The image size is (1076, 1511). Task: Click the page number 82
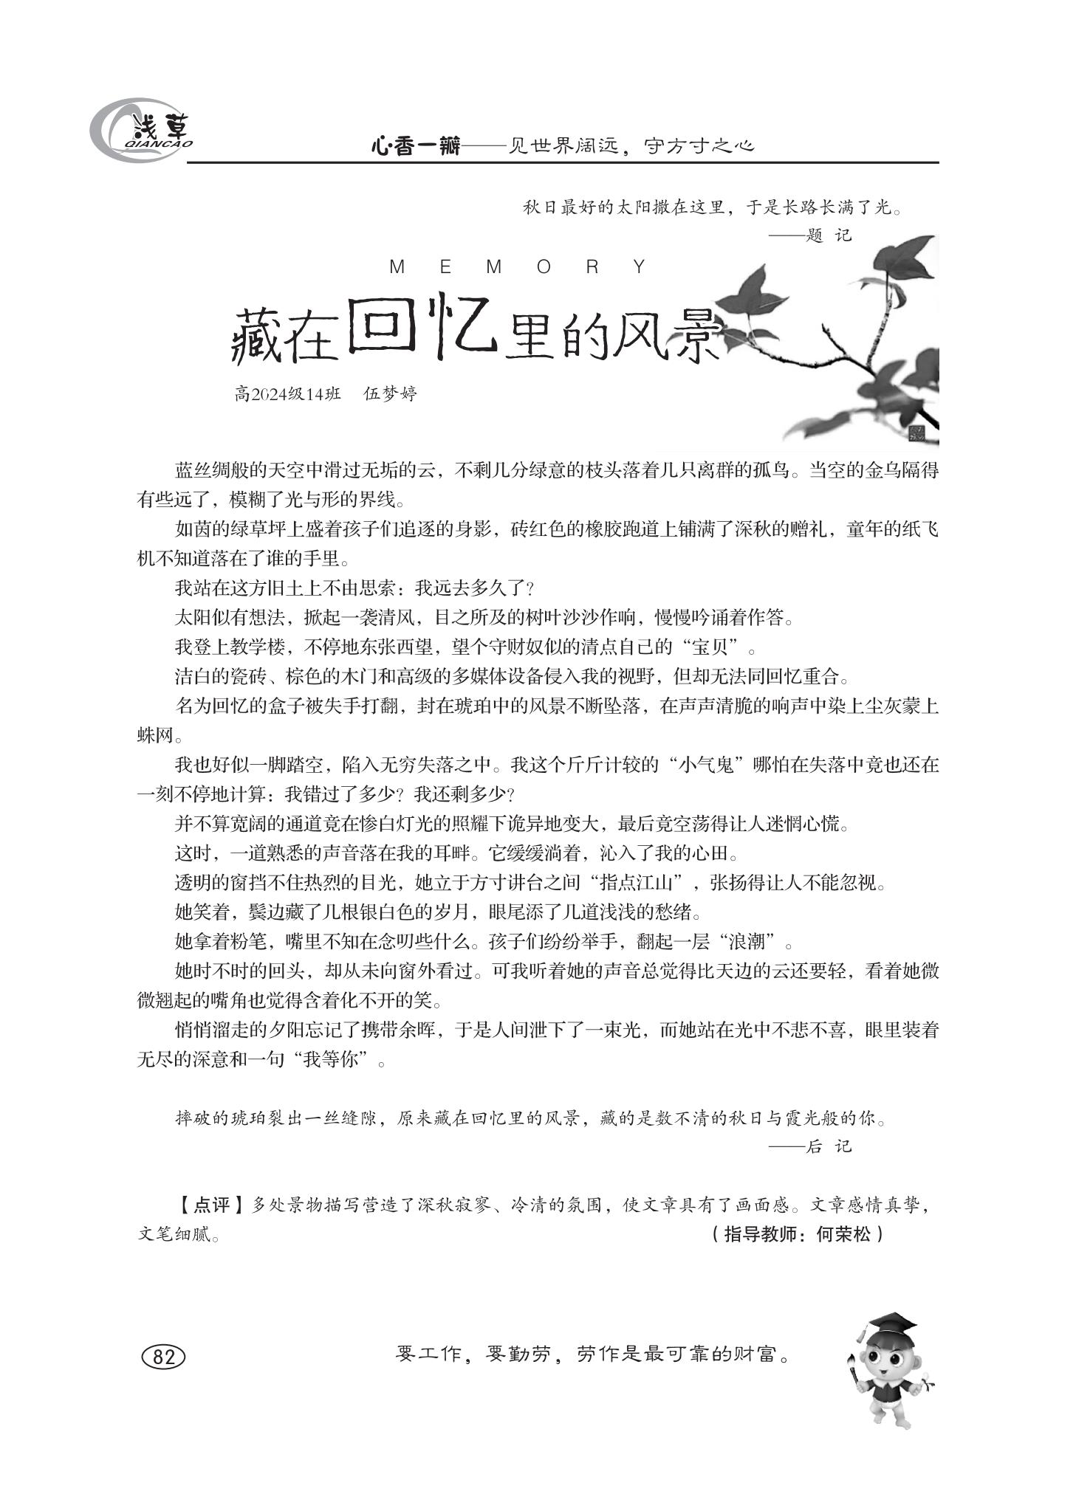[162, 1357]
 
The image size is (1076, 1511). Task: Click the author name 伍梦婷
[391, 393]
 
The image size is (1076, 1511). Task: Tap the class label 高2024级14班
[287, 393]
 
